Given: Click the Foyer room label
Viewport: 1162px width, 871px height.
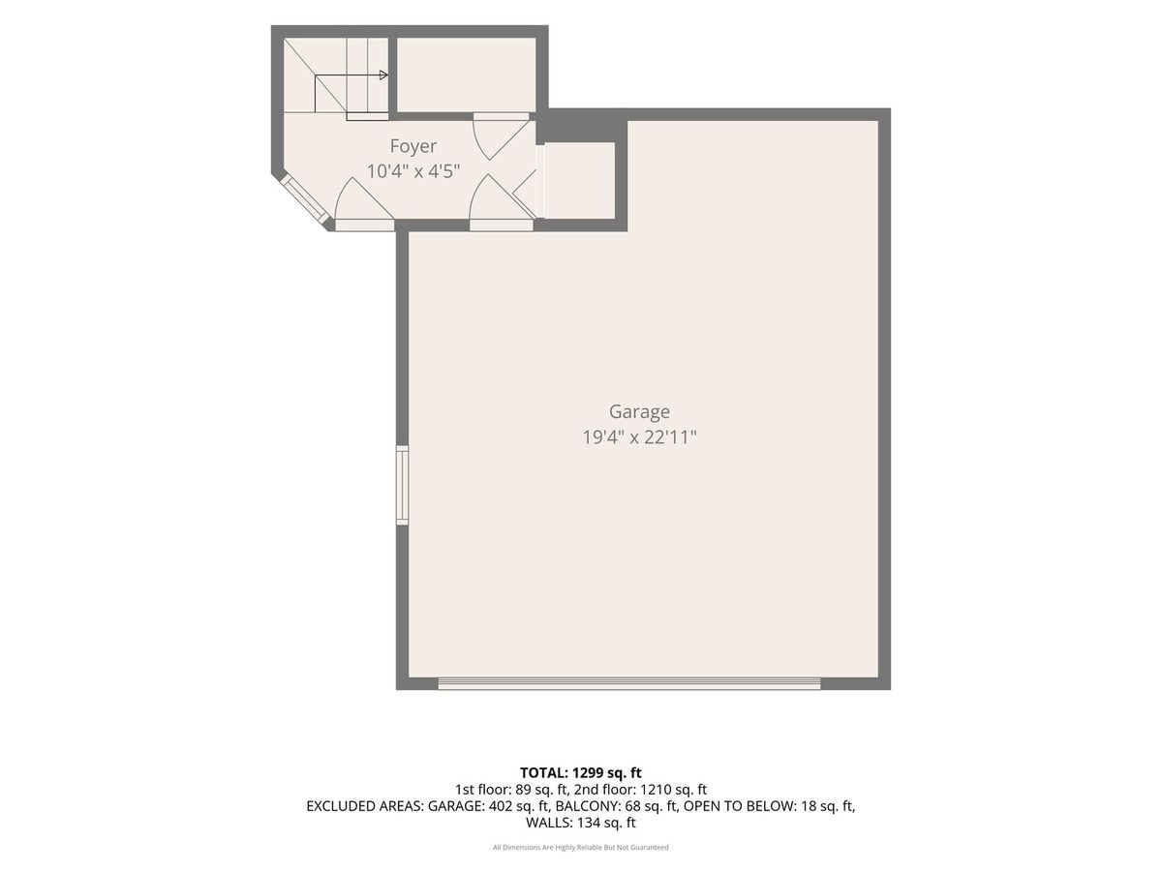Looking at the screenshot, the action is point(413,146).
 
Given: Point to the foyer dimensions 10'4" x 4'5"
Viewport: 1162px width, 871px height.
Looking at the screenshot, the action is point(413,171).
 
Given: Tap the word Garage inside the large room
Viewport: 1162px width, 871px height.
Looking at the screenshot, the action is point(639,411).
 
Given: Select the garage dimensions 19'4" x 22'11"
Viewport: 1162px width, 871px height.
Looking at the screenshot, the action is point(639,437).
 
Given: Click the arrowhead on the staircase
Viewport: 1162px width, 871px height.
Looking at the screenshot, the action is point(383,75).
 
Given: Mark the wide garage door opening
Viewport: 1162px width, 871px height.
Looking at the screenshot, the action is point(628,684).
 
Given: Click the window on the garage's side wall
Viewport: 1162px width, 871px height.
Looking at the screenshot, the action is point(402,485).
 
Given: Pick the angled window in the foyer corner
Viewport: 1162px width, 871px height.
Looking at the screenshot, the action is point(306,198).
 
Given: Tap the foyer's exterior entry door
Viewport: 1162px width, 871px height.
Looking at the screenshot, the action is point(365,206).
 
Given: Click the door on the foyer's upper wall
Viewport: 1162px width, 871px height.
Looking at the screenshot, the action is point(501,135).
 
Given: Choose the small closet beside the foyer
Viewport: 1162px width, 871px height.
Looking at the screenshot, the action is point(580,180).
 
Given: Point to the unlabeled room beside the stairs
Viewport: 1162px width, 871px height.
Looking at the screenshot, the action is point(466,75).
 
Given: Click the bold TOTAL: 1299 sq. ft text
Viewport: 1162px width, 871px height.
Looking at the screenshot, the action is point(581,772).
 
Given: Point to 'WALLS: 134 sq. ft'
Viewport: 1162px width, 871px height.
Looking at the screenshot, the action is point(581,823).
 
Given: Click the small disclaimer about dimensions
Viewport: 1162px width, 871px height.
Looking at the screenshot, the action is point(581,847).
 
